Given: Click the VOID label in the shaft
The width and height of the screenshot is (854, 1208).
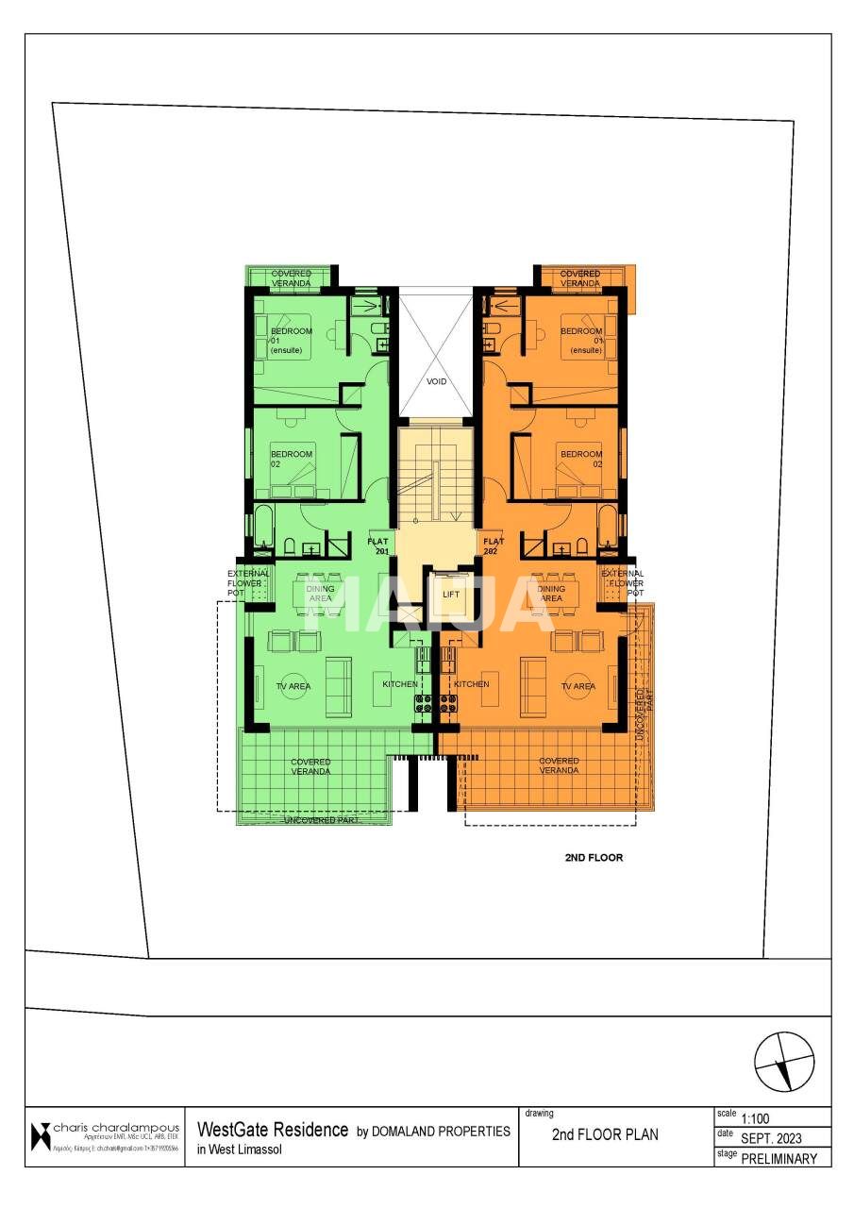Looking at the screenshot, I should pos(436,382).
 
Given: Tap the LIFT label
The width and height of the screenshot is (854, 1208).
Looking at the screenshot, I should pos(450,595).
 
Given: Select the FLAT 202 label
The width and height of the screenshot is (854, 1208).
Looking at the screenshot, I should pos(494,546).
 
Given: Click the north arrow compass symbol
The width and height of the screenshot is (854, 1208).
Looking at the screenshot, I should pos(784,1062).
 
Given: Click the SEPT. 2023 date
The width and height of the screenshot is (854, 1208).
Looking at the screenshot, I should pos(773,1139).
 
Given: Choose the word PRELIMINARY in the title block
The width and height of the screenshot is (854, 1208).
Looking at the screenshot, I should pos(779,1159).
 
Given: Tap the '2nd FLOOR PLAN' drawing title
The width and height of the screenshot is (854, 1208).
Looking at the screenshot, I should pos(605,1134).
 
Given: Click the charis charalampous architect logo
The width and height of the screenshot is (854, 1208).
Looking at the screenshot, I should pos(41,1136).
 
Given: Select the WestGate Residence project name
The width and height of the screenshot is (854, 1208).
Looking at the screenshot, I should pos(273,1130).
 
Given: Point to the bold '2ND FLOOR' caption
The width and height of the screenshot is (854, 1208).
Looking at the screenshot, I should pos(594,858).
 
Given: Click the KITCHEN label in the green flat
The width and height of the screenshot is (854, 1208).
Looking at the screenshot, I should pos(400,684).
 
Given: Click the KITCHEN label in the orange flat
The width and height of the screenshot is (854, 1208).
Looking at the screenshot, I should pos(471,684).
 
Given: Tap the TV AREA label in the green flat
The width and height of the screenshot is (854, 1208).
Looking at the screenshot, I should pos(293,686).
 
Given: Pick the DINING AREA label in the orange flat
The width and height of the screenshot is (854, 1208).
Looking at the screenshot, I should pos(551,594).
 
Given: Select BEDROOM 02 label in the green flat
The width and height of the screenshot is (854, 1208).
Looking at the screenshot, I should pos(291,460).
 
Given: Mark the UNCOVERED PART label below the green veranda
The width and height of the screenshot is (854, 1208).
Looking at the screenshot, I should pos(321,821).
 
